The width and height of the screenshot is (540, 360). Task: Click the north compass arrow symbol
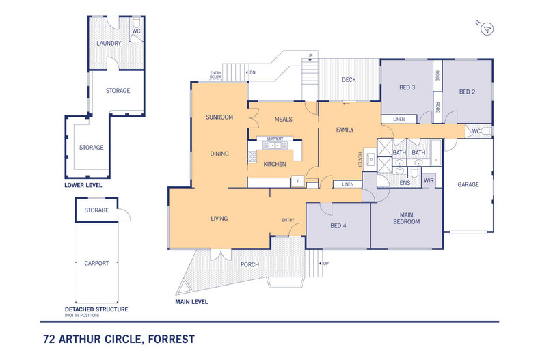tap(487, 29)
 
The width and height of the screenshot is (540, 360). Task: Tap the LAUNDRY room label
tap(109, 43)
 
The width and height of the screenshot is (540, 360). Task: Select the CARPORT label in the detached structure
tap(96, 263)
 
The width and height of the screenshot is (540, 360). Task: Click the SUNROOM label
tap(219, 117)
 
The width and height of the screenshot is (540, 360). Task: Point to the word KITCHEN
tap(275, 164)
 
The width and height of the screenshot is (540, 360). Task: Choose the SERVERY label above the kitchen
tap(275, 139)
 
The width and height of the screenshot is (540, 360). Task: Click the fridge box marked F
tap(298, 181)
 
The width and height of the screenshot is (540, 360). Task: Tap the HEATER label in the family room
tap(360, 159)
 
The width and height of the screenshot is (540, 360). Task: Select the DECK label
tap(349, 79)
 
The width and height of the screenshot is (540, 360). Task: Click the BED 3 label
tap(407, 87)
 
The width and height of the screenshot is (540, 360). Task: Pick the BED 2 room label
tap(467, 92)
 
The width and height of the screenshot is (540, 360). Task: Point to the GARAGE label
tap(468, 184)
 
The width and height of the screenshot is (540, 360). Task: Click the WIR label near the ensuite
tap(429, 181)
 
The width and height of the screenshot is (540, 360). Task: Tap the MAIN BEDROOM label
tap(407, 219)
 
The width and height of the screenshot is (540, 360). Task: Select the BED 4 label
tap(338, 226)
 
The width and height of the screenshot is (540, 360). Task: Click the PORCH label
tap(249, 264)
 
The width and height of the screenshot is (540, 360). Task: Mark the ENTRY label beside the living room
tap(288, 220)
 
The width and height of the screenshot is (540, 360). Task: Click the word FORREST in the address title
tap(171, 339)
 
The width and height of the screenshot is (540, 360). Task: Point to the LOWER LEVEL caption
tap(83, 185)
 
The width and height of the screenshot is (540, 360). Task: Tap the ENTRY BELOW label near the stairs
tap(215, 74)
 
